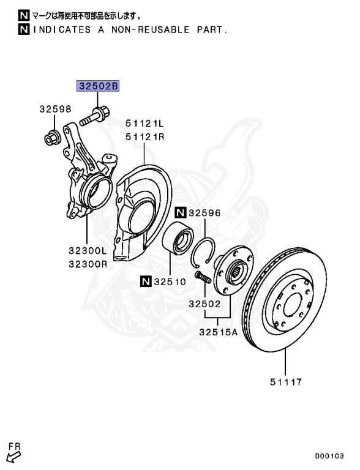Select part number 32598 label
(x=56, y=110)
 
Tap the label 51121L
(x=146, y=122)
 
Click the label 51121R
(x=146, y=136)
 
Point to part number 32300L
(x=88, y=250)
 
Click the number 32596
(x=204, y=213)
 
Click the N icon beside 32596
(x=180, y=213)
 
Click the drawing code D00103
(x=331, y=456)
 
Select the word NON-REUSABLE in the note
(x=148, y=29)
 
